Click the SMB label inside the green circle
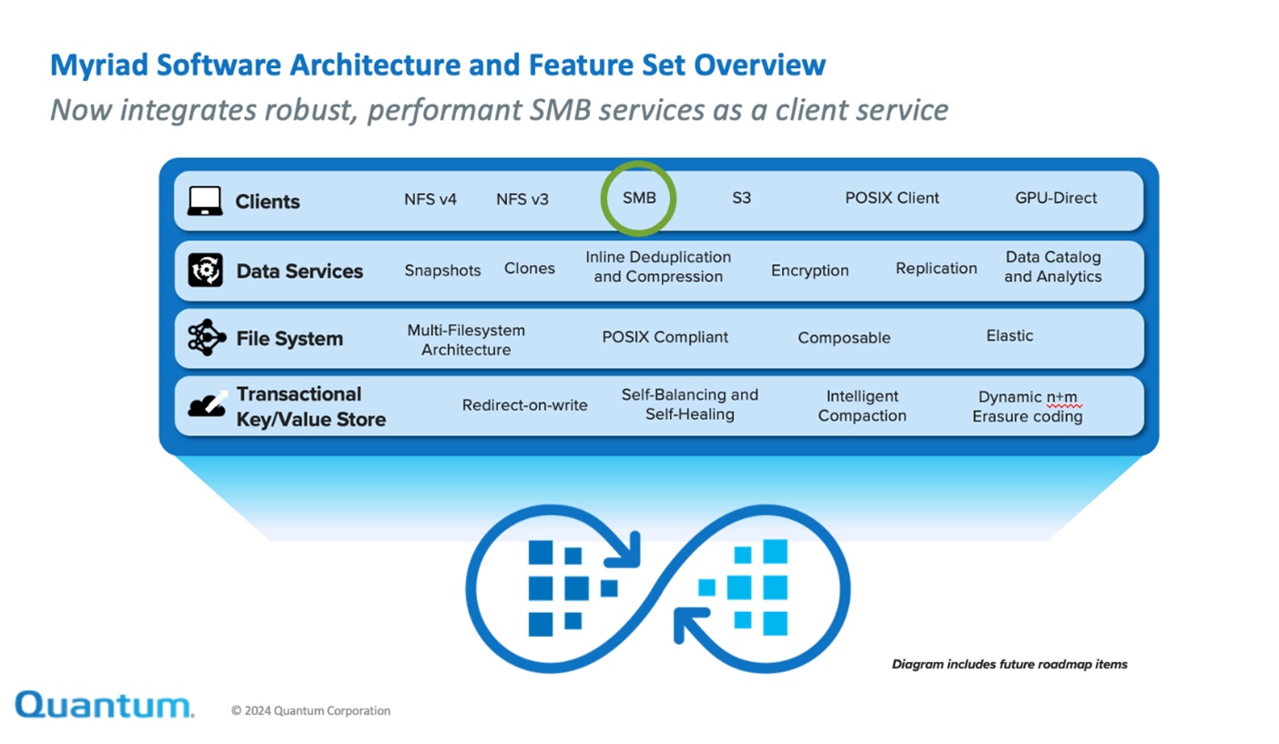click(x=639, y=199)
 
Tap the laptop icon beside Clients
click(x=205, y=201)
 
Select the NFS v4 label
click(x=430, y=199)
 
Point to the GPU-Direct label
click(x=1056, y=199)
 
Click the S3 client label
click(x=741, y=199)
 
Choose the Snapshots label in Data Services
click(x=442, y=270)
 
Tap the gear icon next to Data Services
click(x=206, y=270)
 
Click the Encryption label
click(x=809, y=270)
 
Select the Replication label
click(x=936, y=269)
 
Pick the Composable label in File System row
click(x=844, y=338)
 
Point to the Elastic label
click(x=1010, y=336)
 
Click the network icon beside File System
click(x=206, y=338)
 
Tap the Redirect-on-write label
click(x=524, y=405)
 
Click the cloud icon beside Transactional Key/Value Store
click(x=208, y=403)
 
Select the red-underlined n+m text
click(x=1062, y=397)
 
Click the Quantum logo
click(x=105, y=706)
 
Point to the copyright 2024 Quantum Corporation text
click(x=310, y=711)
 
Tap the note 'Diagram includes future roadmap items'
click(x=1010, y=665)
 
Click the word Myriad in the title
click(x=99, y=66)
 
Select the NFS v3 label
click(x=522, y=199)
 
